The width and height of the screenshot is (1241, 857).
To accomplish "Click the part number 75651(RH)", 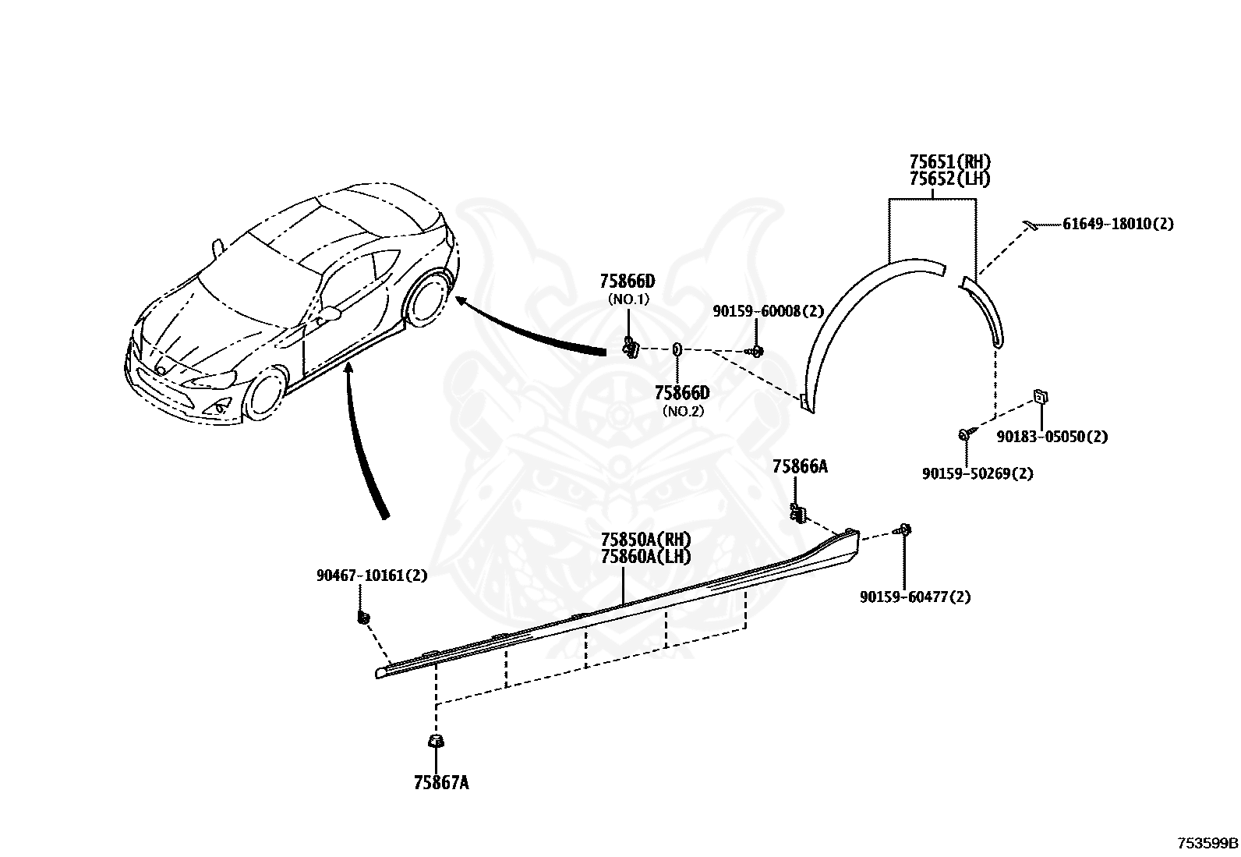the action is (x=949, y=162).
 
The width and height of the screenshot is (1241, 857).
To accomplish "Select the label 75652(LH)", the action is (x=949, y=179).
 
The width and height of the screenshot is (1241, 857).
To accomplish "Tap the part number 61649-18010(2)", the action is (x=1118, y=224).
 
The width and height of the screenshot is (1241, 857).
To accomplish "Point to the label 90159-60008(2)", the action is (x=768, y=312).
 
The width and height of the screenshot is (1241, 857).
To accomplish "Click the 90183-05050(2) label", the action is (x=1052, y=437).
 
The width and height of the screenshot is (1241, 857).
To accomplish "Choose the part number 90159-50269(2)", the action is (x=978, y=474).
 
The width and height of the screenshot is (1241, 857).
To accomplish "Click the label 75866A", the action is (x=800, y=467).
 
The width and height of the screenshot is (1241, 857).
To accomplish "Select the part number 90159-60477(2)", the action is (x=915, y=597).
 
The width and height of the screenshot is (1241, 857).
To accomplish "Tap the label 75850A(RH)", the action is (x=646, y=540).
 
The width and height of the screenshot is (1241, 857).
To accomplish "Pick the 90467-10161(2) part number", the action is (x=372, y=575).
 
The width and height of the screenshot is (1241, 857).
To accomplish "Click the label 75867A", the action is (x=441, y=783).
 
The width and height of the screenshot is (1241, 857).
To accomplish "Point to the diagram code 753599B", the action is (x=1207, y=843).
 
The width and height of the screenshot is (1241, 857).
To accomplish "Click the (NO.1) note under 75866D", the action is (x=628, y=299).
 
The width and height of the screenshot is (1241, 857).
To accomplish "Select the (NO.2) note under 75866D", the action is (x=683, y=411).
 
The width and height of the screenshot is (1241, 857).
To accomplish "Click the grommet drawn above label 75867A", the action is (x=436, y=740).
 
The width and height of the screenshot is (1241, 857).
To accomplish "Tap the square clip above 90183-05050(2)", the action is (x=1041, y=397).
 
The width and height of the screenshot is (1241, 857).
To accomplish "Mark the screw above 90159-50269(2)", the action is (x=964, y=434).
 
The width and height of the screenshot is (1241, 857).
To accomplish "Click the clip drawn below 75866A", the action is (x=797, y=514).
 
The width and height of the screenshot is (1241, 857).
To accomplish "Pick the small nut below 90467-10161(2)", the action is (x=363, y=617).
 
